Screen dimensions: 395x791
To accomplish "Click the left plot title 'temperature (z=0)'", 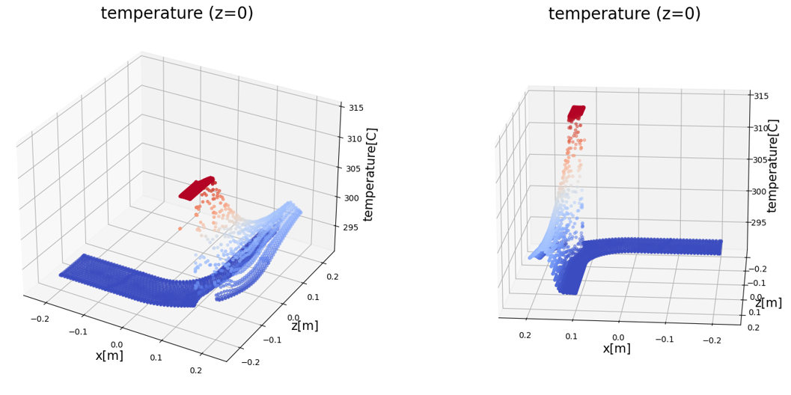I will (177, 13).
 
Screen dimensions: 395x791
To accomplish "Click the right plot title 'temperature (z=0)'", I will (624, 14).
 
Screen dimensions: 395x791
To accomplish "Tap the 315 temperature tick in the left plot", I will (356, 108).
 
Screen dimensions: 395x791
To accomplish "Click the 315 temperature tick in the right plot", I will (761, 96).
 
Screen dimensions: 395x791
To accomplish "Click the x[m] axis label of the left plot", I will (109, 355).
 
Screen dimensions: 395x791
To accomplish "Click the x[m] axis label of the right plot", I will (617, 349).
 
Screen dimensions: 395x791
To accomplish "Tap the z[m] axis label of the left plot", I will (305, 326).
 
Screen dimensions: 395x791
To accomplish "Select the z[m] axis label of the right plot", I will (768, 303).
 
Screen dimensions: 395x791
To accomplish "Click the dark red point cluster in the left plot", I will (197, 187).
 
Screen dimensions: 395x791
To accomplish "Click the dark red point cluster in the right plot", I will (576, 111).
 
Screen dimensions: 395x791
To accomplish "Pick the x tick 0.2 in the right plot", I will (525, 336).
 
